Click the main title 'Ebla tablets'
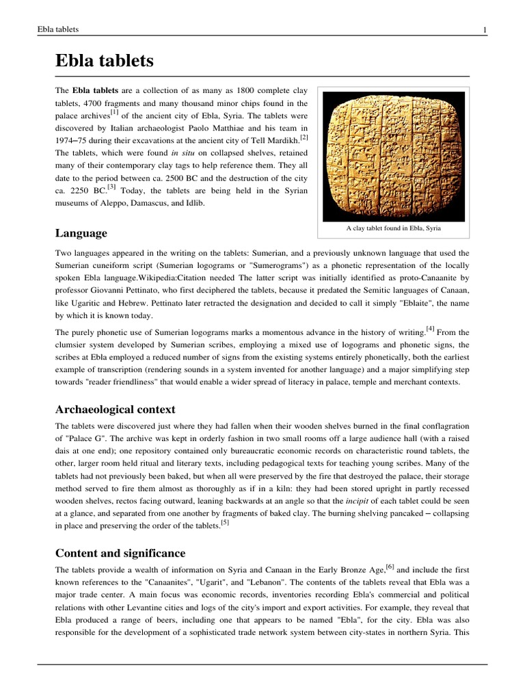pos(105,62)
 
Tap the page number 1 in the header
pos(484,29)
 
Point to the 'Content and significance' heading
pos(120,553)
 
